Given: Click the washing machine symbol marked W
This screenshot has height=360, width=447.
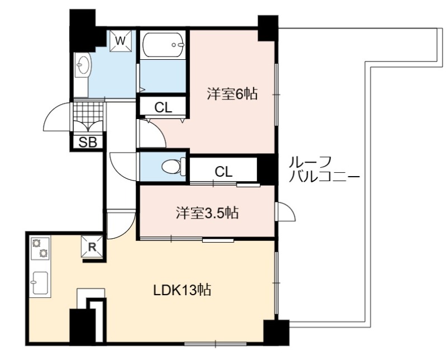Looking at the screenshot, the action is [121, 40].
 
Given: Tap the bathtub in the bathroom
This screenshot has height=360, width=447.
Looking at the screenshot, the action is [163, 45].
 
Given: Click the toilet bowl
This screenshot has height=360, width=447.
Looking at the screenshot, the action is [172, 167].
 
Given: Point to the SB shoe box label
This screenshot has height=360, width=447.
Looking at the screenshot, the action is [88, 142].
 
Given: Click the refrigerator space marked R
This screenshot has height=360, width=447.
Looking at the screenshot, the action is [92, 247].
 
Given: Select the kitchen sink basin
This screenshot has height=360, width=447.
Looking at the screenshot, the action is [40, 283].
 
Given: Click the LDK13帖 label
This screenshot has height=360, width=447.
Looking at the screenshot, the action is [182, 290].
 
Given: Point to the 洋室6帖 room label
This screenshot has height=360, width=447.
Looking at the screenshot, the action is [232, 94].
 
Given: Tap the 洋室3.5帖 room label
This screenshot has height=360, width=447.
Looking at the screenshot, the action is [207, 212].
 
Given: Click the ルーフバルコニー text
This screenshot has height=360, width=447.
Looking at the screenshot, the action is [324, 169].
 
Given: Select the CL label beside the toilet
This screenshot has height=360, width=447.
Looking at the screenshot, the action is [223, 172].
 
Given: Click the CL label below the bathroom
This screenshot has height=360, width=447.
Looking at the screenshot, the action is [163, 107].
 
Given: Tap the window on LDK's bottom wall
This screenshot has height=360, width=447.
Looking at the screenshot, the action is [216, 344].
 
